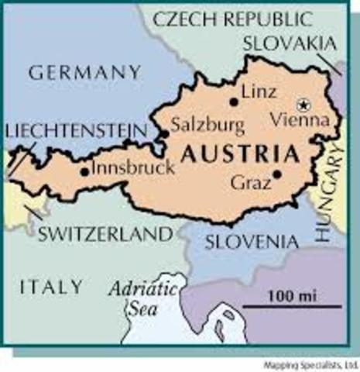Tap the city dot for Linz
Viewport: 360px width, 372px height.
click(x=233, y=102)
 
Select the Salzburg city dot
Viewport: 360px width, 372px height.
click(x=166, y=135)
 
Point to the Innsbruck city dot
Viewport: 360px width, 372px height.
click(x=84, y=171)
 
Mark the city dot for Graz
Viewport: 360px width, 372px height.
click(x=276, y=174)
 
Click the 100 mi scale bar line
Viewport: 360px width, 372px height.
click(x=290, y=307)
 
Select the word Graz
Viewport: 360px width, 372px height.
click(x=251, y=184)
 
